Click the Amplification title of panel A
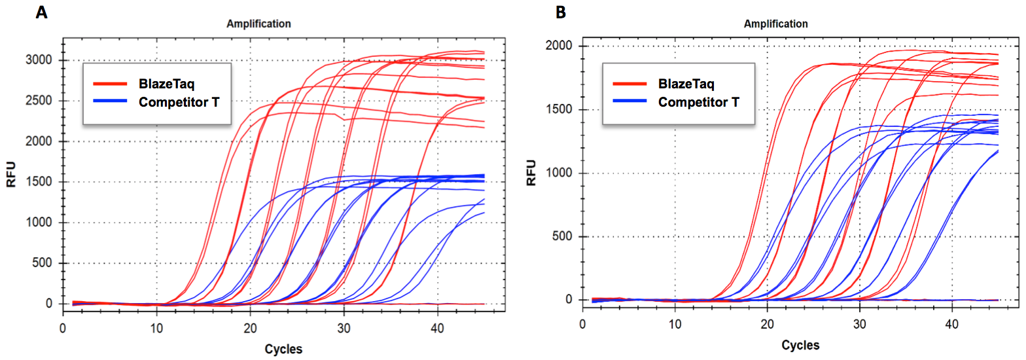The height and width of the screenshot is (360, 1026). click(258, 24)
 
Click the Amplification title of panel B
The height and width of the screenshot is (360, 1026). click(776, 24)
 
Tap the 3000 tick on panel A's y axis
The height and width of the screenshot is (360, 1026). click(39, 60)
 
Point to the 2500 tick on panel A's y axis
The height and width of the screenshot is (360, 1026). click(39, 101)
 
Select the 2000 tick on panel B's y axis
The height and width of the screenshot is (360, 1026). click(559, 46)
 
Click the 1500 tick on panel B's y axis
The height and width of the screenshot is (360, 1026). click(559, 110)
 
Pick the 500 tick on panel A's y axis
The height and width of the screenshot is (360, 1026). click(43, 263)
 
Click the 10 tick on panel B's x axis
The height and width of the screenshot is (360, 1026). click(675, 323)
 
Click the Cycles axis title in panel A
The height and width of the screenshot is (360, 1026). click(283, 349)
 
